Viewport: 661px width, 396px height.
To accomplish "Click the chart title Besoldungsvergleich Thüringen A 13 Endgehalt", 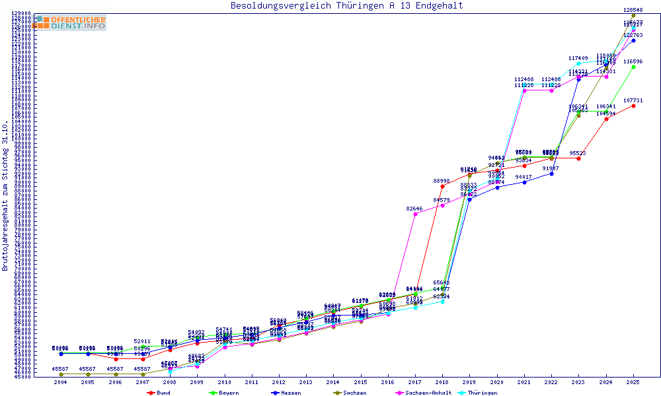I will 346,6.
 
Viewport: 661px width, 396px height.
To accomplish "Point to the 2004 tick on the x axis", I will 61,382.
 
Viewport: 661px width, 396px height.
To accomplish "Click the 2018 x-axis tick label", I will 442,382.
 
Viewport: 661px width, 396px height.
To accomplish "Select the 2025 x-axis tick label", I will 633,382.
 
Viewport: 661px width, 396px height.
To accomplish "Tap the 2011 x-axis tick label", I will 252,382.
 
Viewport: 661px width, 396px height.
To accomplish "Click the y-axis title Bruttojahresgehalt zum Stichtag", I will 5,195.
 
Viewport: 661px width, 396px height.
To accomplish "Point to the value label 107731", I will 633,100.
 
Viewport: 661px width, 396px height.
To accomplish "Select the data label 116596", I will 633,61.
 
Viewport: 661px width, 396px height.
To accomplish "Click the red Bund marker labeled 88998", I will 442,186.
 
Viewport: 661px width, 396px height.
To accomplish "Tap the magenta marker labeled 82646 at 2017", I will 414,214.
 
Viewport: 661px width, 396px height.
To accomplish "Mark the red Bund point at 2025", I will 633,106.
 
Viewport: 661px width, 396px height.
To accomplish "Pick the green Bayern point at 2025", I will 633,67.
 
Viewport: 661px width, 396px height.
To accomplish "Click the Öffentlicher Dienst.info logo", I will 69,22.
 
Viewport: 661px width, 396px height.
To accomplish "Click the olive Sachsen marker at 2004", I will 61,374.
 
